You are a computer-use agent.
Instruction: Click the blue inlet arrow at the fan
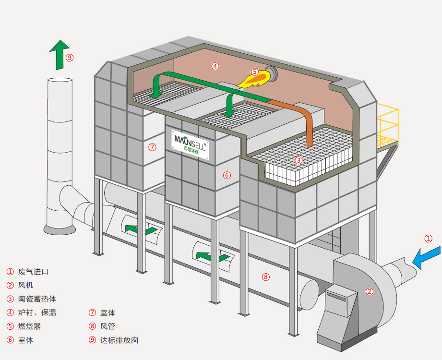coord(426,256)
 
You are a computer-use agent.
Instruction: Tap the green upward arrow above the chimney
coord(59,54)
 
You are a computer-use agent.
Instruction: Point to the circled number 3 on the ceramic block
coord(299,160)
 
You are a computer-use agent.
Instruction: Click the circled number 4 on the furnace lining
coord(215,66)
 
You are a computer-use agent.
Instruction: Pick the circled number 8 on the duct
coord(266,276)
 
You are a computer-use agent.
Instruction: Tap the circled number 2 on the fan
coord(369,291)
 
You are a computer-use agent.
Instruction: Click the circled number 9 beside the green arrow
coord(70,58)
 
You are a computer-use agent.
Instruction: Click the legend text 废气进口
coord(33,272)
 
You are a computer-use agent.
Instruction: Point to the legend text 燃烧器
coord(29,326)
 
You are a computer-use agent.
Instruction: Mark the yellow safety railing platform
coord(387,126)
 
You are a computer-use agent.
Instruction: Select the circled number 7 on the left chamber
coord(152,147)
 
